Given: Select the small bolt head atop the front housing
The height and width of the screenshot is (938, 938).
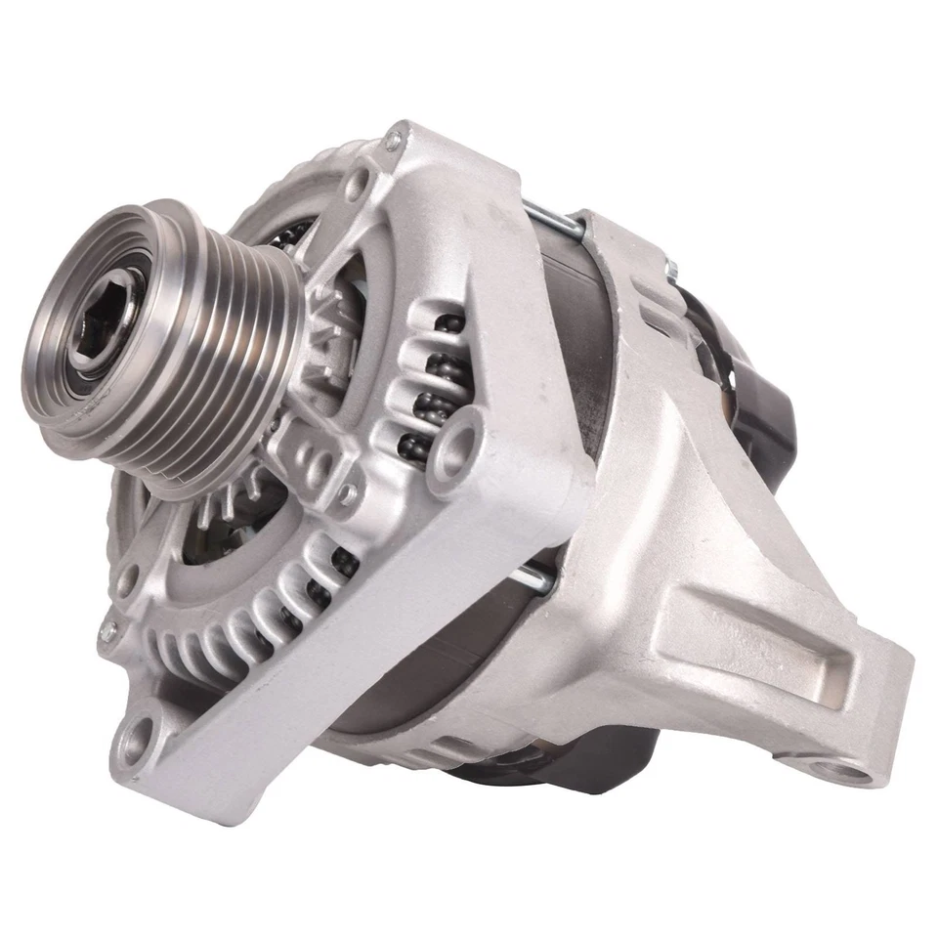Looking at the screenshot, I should [x=393, y=142].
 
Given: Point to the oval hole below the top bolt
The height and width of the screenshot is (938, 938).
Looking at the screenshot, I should [x=364, y=181].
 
